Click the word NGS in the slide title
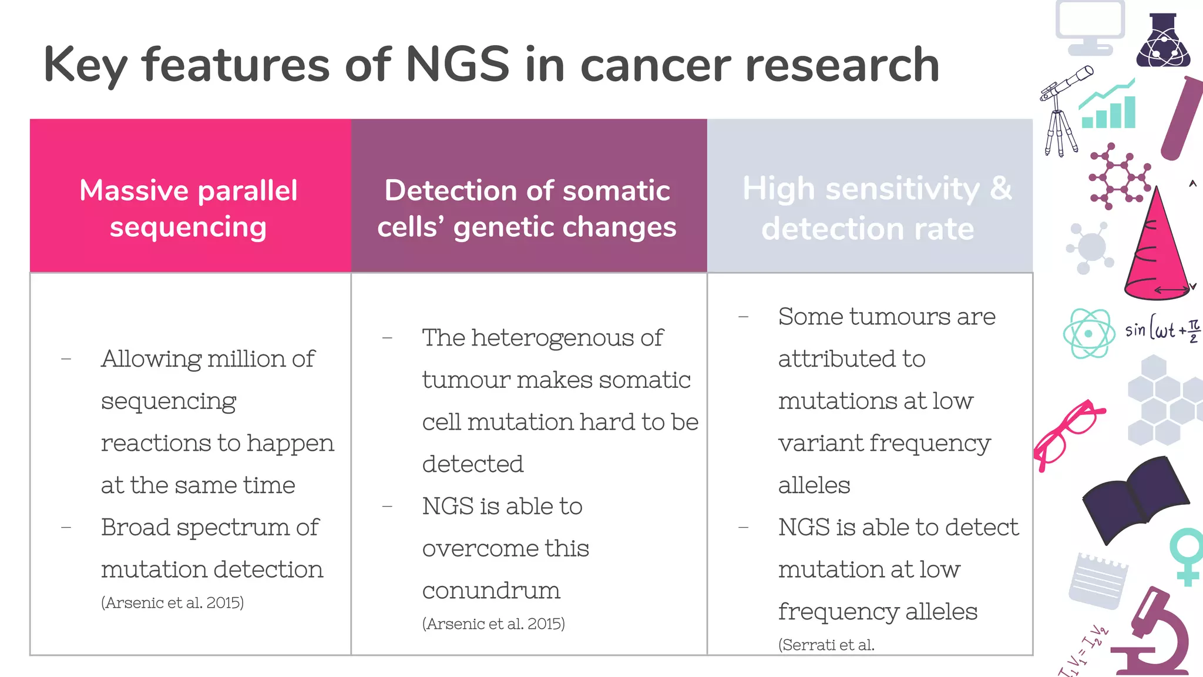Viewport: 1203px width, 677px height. (x=458, y=65)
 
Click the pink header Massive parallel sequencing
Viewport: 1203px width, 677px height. (x=189, y=208)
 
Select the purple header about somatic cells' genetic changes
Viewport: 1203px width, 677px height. (x=527, y=208)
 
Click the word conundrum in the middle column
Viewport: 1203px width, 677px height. (x=491, y=591)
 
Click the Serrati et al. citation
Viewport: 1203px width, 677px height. (x=826, y=645)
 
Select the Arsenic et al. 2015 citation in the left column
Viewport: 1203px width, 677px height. (x=172, y=602)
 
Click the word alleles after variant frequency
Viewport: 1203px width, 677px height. (x=814, y=485)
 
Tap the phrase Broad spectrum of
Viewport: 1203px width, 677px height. (x=210, y=527)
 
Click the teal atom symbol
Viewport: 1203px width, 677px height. (x=1088, y=333)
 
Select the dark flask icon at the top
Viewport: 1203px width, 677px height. (x=1162, y=41)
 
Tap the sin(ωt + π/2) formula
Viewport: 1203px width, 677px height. (x=1162, y=330)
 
